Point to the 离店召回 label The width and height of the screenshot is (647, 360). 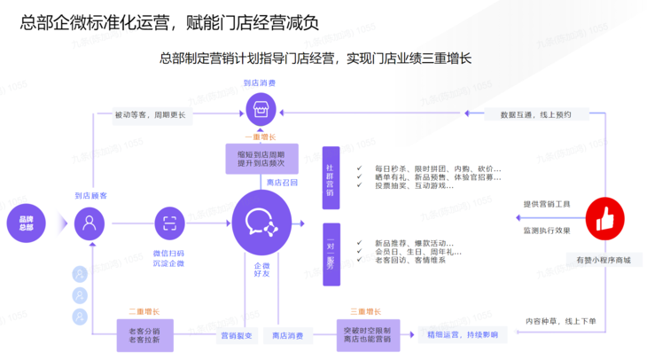coord(283,182)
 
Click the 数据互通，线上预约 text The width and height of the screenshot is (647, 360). coord(535,114)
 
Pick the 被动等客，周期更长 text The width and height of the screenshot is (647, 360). coord(150,114)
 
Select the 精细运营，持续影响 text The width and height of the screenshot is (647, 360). coord(462,334)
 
